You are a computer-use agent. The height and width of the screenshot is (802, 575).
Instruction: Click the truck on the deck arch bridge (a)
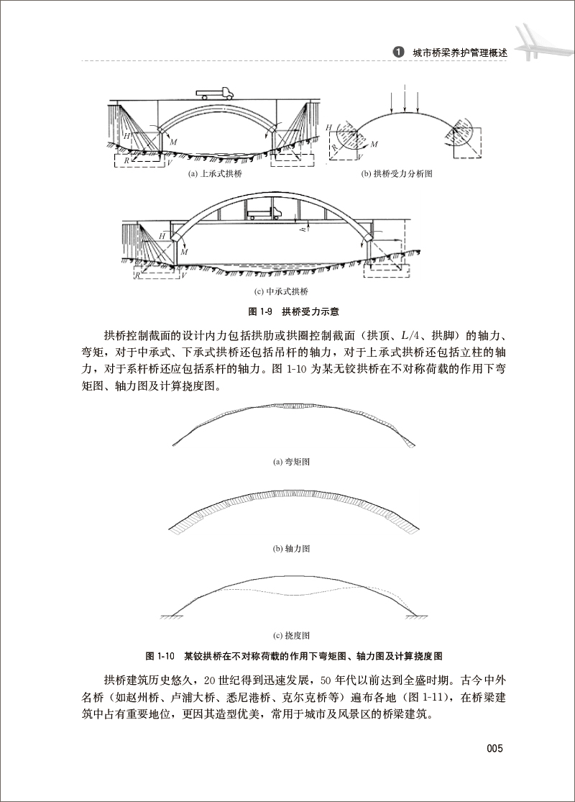(x=215, y=92)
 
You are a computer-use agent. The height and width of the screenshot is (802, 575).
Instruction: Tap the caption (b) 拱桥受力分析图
(x=403, y=174)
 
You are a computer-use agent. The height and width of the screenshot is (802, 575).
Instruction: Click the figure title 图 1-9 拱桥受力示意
(x=287, y=311)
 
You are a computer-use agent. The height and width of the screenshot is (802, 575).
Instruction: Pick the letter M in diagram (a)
(x=173, y=143)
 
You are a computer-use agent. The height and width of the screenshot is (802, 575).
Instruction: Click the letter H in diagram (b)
(x=330, y=127)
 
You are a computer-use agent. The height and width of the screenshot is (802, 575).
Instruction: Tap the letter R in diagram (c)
(x=137, y=274)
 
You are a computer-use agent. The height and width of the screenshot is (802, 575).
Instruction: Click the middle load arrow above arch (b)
(x=405, y=99)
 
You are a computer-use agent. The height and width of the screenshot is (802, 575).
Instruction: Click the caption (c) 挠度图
(x=290, y=635)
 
